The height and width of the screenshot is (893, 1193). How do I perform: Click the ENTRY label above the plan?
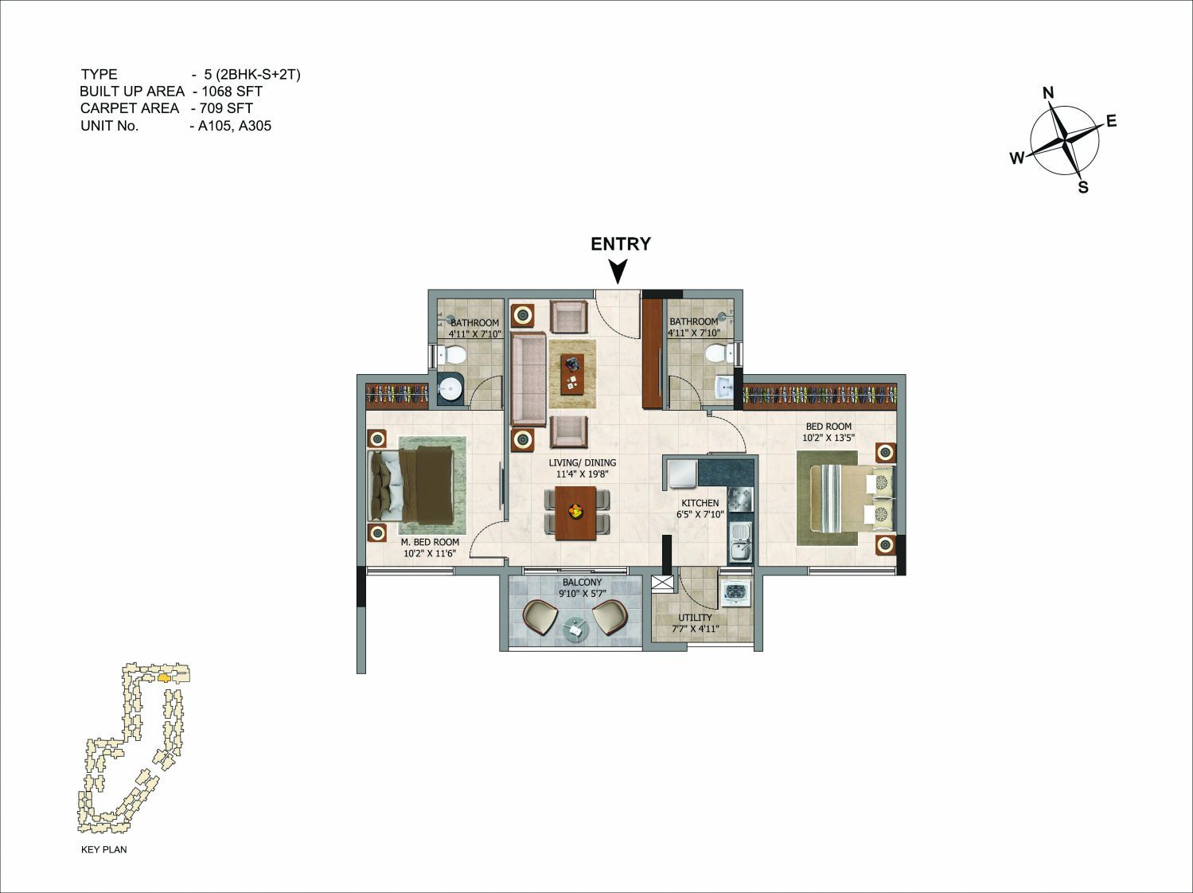621,244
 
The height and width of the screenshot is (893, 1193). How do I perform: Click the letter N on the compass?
1048,93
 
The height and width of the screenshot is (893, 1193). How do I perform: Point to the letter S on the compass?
1083,188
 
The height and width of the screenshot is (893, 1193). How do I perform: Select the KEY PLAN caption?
103,849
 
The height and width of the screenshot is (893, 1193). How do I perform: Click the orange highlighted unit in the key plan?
164,678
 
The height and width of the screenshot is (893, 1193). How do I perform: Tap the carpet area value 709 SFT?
226,108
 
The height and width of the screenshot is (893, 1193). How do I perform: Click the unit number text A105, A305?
235,126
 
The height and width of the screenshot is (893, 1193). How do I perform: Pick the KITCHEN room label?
700,503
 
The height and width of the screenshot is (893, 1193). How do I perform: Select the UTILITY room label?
695,618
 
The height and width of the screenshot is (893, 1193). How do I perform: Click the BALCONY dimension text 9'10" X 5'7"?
582,594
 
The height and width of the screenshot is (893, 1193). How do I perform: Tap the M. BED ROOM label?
430,542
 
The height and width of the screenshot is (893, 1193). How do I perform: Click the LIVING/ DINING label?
582,462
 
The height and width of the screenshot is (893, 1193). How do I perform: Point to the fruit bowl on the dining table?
575,511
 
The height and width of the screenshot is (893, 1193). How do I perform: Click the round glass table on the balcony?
575,630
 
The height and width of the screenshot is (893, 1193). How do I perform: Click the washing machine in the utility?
736,592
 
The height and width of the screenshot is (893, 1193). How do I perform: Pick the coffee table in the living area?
572,374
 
